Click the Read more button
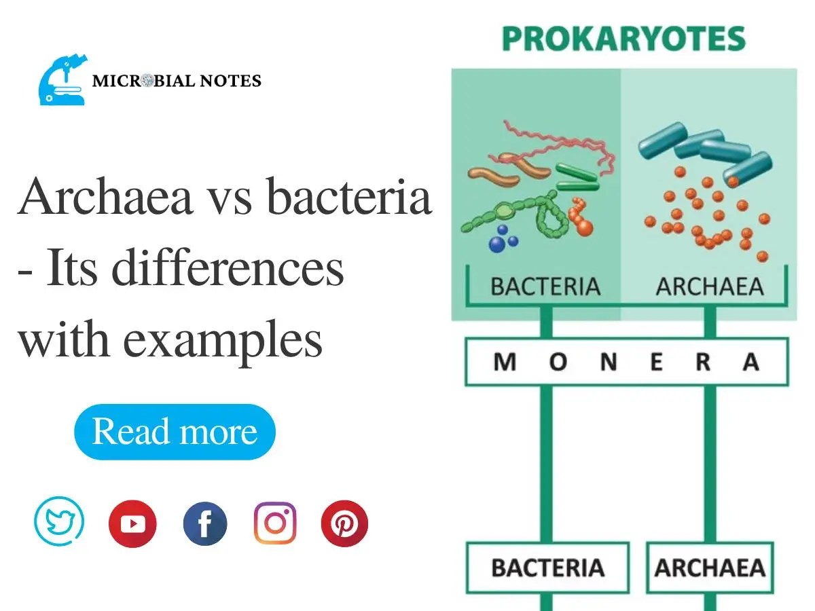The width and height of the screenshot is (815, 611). click(x=175, y=432)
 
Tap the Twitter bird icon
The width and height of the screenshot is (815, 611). click(x=59, y=523)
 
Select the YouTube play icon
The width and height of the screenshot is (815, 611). click(x=132, y=523)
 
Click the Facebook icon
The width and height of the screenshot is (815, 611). click(x=205, y=523)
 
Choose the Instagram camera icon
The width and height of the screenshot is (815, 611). click(x=275, y=523)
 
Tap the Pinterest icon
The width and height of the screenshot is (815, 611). click(x=344, y=523)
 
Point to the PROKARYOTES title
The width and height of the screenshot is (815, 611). click(x=623, y=39)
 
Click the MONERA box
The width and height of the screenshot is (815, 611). click(x=626, y=363)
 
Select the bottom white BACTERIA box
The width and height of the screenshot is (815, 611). click(x=547, y=568)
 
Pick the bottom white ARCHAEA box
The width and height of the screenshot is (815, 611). click(x=710, y=568)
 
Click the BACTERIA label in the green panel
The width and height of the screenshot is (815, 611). click(x=545, y=286)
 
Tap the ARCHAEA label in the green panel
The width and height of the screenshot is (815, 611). click(x=710, y=286)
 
